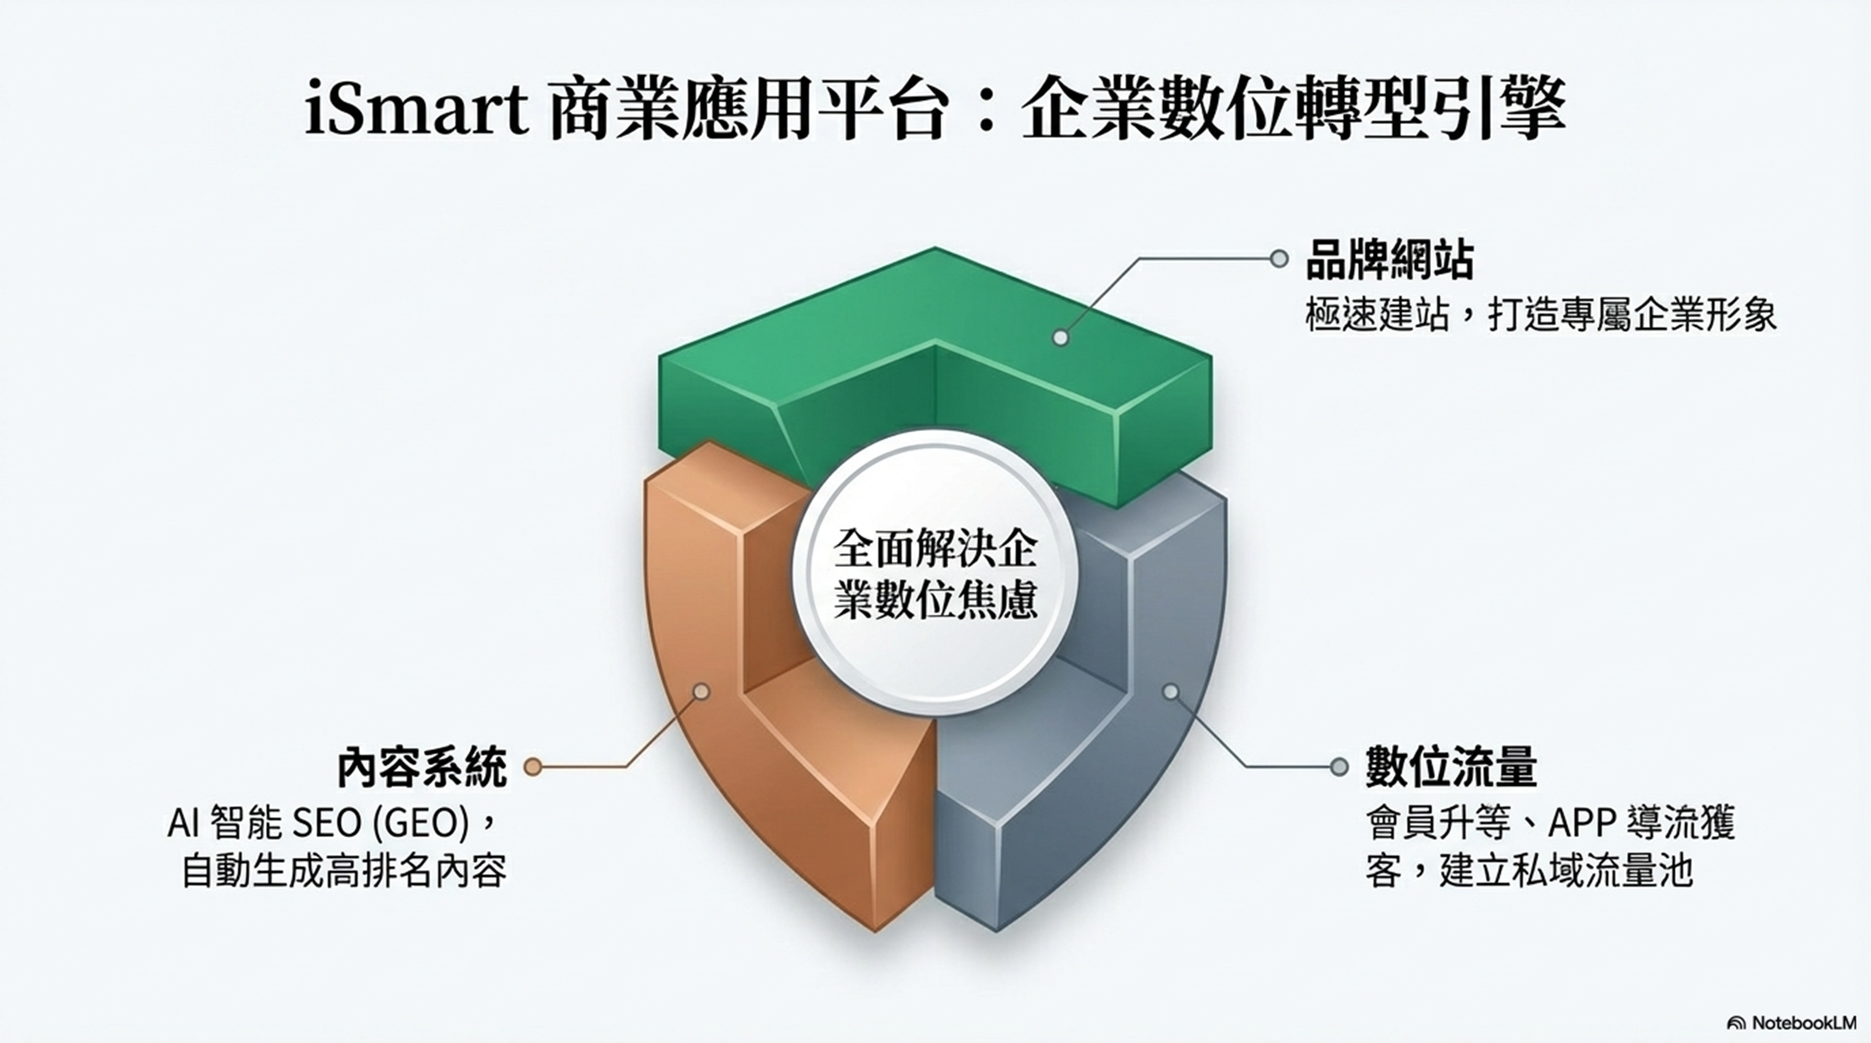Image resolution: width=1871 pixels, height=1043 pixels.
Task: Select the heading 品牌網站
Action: [x=1390, y=261]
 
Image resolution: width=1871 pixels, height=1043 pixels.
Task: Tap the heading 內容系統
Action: [x=423, y=768]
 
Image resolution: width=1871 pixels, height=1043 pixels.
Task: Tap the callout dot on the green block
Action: [x=1061, y=338]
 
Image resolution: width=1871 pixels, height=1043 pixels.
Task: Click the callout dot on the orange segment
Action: [x=701, y=692]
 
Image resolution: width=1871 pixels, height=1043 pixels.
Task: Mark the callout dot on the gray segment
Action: [x=1170, y=692]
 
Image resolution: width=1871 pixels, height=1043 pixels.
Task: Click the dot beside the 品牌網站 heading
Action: [x=1279, y=259]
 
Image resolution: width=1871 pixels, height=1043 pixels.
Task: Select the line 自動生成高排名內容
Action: [x=344, y=871]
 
